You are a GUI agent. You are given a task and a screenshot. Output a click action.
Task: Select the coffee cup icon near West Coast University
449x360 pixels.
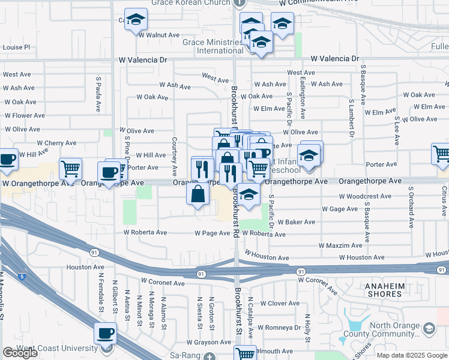[x=106, y=334]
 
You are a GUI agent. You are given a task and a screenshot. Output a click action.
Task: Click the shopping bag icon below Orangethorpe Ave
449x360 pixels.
[x=198, y=195]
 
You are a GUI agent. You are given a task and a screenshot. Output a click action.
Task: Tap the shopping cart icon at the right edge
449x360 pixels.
[x=441, y=154]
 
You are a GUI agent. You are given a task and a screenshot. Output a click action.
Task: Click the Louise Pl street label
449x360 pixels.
[x=16, y=47]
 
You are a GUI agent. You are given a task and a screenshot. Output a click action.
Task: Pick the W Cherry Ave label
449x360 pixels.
[x=56, y=143]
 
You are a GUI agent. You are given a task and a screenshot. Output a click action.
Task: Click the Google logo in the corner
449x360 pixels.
[x=20, y=353]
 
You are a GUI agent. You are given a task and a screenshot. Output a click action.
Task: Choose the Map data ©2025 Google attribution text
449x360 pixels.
[x=412, y=355]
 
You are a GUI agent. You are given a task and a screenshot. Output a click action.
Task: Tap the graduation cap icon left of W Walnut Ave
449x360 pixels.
[x=136, y=20]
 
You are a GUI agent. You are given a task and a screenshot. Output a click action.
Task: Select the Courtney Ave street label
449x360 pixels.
[x=174, y=152]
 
